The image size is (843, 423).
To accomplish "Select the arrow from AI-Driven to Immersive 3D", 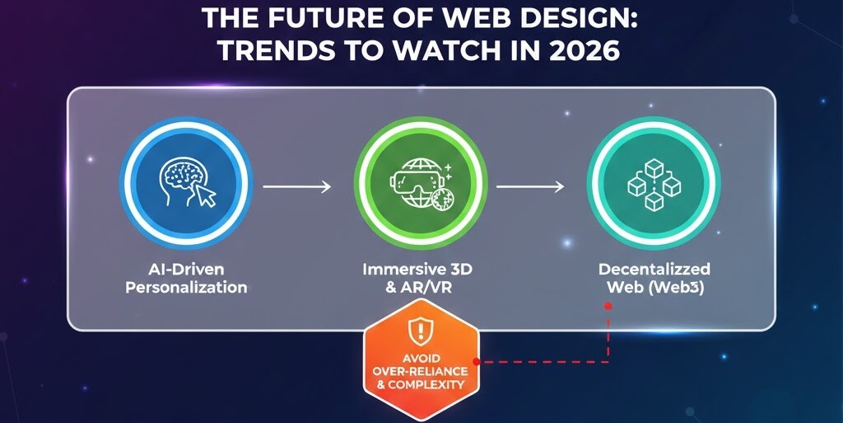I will coord(296,187).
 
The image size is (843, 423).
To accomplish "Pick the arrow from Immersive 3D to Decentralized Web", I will coord(530,187).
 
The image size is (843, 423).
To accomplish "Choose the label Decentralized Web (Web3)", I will coord(654,279).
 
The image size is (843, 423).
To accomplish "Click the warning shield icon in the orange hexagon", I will coord(421,333).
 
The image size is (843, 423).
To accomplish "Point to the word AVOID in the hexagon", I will coord(421,358).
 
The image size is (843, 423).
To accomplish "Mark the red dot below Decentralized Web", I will coord(608,305).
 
